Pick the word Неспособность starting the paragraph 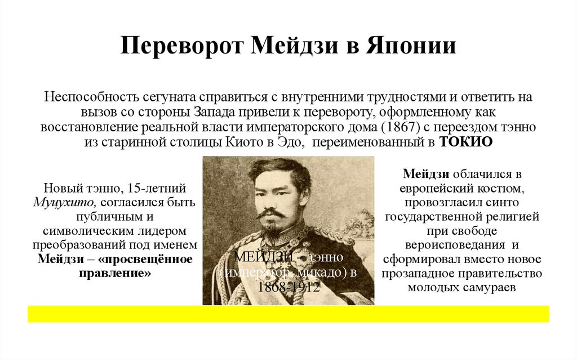click(x=92, y=96)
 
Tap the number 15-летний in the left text click(x=157, y=188)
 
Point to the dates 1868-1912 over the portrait click(x=288, y=287)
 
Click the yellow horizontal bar click(x=288, y=314)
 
